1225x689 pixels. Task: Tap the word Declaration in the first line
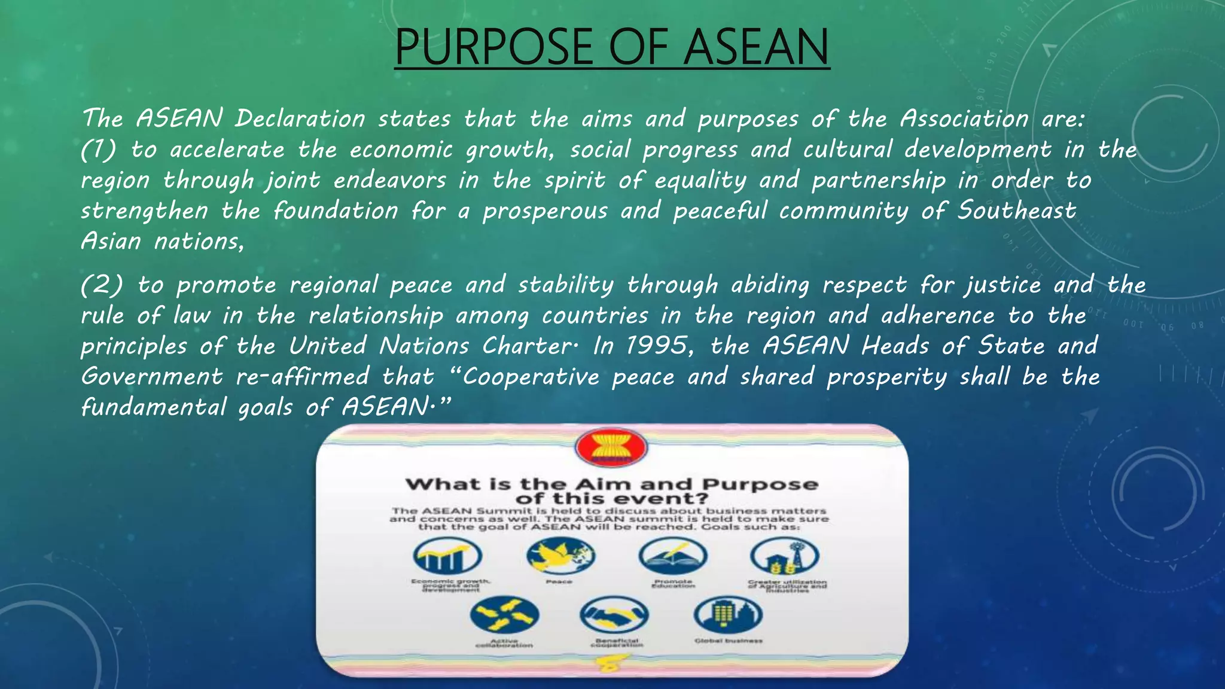(x=300, y=118)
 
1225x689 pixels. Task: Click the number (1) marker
(x=99, y=150)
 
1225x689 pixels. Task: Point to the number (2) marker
(x=102, y=285)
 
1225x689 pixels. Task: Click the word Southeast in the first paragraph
(x=1016, y=211)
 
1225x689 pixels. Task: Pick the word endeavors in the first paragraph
(x=389, y=180)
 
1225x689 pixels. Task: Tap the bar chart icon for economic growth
(x=447, y=556)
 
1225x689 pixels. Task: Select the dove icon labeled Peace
(x=560, y=555)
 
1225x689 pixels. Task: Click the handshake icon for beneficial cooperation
(x=614, y=615)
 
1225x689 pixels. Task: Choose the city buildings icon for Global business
(x=728, y=615)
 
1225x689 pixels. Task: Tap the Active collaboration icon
(x=504, y=615)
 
